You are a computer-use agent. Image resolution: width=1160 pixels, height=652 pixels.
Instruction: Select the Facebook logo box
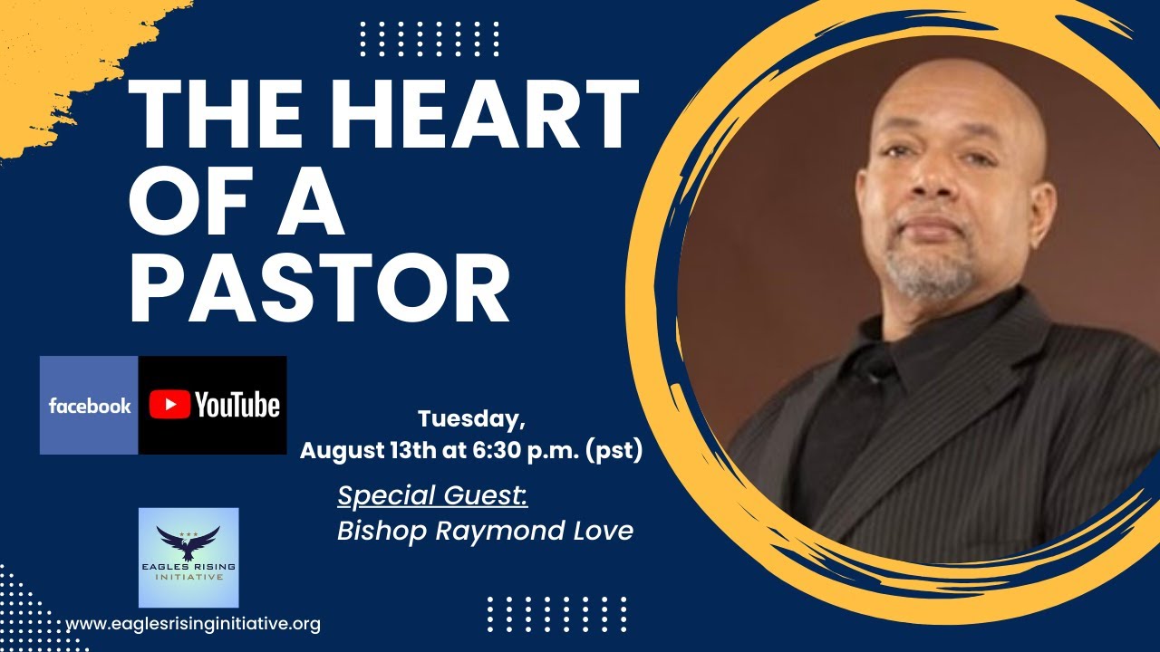pos(89,406)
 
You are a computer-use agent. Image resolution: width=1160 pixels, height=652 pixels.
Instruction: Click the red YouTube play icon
pos(169,406)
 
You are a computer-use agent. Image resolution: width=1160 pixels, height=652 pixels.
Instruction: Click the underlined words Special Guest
pos(432,496)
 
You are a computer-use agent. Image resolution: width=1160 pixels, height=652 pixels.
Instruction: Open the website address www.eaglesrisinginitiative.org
pos(193,624)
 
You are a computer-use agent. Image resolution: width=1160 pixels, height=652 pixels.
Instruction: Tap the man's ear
pos(1040,204)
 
